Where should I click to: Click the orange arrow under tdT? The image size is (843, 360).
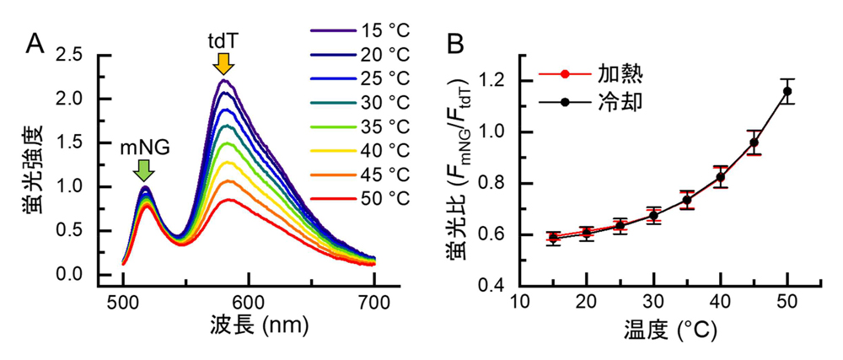(x=223, y=64)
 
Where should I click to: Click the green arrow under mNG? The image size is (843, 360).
(x=144, y=170)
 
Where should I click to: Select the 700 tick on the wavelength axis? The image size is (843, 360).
(x=373, y=301)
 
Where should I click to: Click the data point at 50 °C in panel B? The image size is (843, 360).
(x=787, y=91)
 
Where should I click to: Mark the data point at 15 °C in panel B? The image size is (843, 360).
(x=552, y=238)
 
